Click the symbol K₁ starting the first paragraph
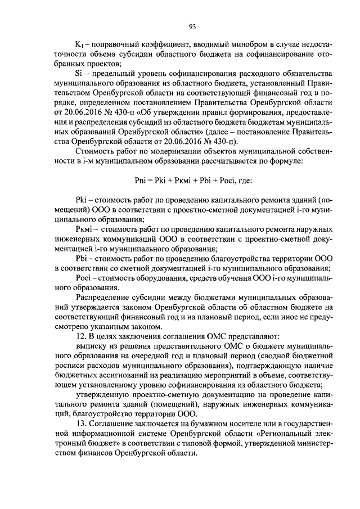pyautogui.click(x=79, y=44)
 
